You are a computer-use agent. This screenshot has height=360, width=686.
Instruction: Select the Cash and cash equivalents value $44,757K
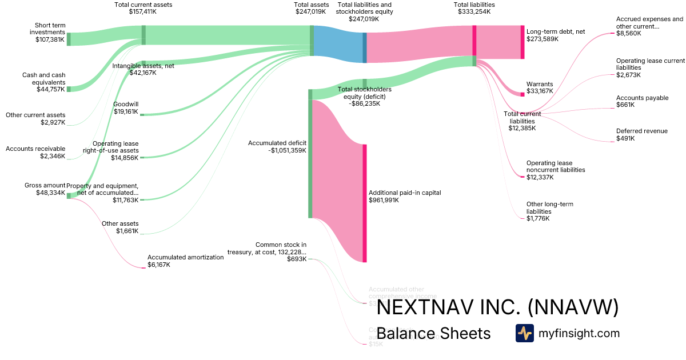click(51, 90)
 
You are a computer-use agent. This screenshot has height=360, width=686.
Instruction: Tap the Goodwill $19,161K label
click(126, 108)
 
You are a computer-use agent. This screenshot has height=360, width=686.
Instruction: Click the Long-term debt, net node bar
click(522, 42)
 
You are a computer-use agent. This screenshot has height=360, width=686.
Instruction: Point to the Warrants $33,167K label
click(539, 87)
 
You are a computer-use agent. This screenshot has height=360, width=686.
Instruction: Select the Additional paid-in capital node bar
click(364, 203)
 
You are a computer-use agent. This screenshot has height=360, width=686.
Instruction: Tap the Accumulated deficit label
click(277, 143)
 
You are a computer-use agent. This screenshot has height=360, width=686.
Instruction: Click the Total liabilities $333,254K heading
click(474, 8)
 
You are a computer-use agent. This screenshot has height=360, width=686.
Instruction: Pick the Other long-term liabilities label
click(549, 208)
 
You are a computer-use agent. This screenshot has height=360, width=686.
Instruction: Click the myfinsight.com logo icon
click(524, 333)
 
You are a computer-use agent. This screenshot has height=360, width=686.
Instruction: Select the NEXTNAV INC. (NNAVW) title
click(497, 308)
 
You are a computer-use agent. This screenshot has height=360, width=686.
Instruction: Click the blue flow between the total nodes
click(337, 43)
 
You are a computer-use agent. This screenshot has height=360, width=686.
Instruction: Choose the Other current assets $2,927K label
click(35, 119)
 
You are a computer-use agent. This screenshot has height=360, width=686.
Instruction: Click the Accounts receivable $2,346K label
click(35, 153)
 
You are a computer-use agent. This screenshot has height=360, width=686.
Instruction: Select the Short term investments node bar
click(69, 39)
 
